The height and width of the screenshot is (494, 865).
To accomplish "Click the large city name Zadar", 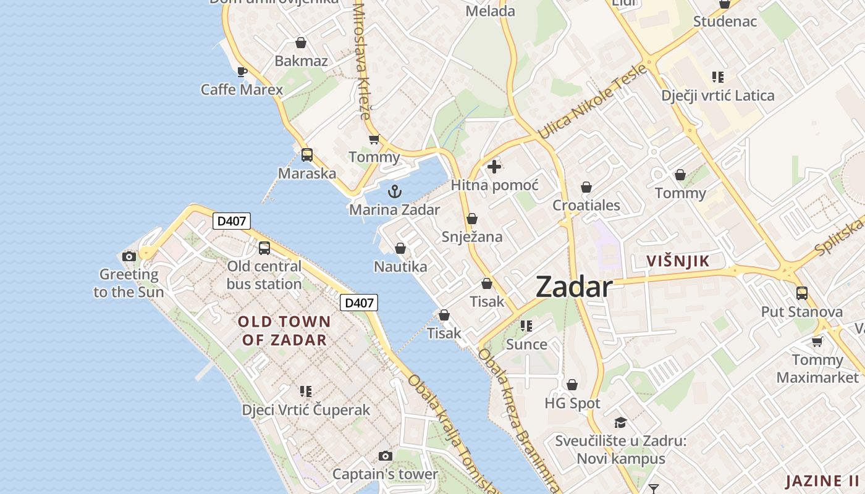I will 574,287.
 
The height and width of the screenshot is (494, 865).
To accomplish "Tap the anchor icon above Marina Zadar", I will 394,191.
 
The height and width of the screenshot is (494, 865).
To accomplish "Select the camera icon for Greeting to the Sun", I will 129,256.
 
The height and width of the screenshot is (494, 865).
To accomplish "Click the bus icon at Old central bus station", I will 264,248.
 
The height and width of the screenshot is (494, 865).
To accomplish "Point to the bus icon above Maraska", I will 307,155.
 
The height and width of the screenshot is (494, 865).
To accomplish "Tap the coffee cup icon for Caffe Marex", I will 242,72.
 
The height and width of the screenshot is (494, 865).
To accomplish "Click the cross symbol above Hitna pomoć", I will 494,167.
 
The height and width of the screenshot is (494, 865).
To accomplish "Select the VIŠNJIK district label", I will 678,261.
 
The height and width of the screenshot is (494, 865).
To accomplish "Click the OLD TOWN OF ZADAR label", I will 284,330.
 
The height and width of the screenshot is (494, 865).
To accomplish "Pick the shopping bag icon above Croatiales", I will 586,187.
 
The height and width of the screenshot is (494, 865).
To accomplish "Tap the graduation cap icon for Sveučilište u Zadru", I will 620,422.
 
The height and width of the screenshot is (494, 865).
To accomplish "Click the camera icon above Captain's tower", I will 386,456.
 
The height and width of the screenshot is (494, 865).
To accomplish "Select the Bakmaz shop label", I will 301,61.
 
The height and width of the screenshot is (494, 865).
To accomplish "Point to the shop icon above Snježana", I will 472,219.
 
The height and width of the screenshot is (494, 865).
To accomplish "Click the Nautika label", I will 400,267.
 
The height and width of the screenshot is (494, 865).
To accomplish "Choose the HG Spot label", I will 572,403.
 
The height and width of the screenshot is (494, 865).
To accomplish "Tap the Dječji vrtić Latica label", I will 717,96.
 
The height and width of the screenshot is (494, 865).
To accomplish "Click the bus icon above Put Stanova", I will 802,293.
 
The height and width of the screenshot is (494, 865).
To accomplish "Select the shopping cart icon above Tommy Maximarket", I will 817,341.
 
